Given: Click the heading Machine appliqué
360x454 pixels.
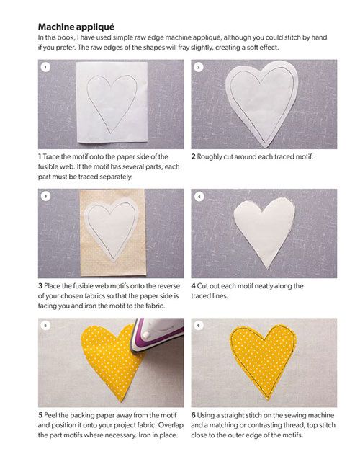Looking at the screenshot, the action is (x=76, y=27).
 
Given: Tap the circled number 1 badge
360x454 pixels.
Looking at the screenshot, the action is (x=45, y=67).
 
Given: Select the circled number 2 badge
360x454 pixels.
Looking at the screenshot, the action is (x=199, y=67).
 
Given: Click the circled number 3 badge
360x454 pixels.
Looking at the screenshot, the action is (x=45, y=196).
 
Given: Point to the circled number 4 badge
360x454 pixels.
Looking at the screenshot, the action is (x=199, y=197).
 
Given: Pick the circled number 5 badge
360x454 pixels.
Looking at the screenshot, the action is (x=45, y=326).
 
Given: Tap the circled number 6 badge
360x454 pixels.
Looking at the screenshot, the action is (x=199, y=326).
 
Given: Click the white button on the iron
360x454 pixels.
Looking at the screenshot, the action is (x=146, y=335).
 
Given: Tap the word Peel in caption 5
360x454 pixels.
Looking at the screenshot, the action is (x=50, y=415).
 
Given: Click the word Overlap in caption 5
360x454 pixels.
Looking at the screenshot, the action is (x=171, y=425).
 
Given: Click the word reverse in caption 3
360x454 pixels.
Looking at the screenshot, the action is (x=168, y=286).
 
